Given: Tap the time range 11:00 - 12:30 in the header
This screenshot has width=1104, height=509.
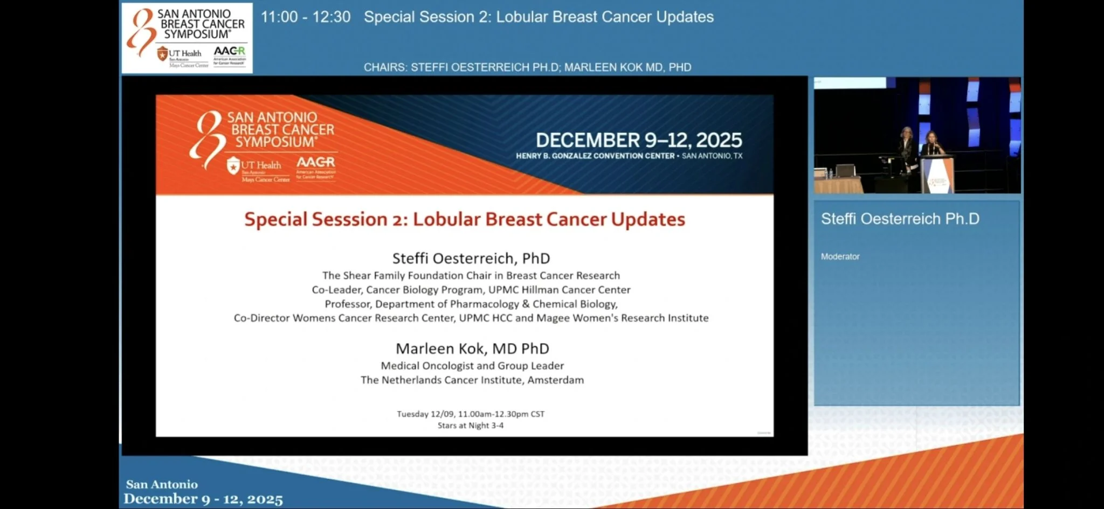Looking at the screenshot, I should point(306,17).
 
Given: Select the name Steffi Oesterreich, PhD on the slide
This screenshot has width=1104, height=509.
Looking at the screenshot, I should point(471,259).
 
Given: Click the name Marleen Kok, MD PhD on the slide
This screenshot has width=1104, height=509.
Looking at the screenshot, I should point(472,348).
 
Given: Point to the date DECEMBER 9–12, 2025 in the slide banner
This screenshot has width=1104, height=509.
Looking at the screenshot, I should point(639,141).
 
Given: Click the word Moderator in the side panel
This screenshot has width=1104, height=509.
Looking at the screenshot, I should point(840,257).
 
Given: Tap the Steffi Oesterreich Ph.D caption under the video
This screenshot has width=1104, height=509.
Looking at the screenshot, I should point(900,219).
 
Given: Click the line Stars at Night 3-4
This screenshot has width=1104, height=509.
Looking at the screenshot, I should point(471,426).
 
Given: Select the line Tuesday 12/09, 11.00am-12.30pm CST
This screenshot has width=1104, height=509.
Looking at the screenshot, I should point(471,414).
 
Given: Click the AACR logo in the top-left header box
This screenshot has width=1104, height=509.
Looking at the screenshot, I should point(229,54).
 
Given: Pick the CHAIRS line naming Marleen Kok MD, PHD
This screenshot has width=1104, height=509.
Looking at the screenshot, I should point(627,67).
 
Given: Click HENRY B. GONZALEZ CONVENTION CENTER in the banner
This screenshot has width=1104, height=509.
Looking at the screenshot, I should point(595,156).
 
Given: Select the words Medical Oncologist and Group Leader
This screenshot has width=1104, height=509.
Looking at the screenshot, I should point(472,366).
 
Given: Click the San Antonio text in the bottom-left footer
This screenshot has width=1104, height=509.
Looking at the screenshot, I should point(162,484).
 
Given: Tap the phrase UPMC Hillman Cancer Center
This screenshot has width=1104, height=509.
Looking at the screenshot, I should point(559,290).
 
